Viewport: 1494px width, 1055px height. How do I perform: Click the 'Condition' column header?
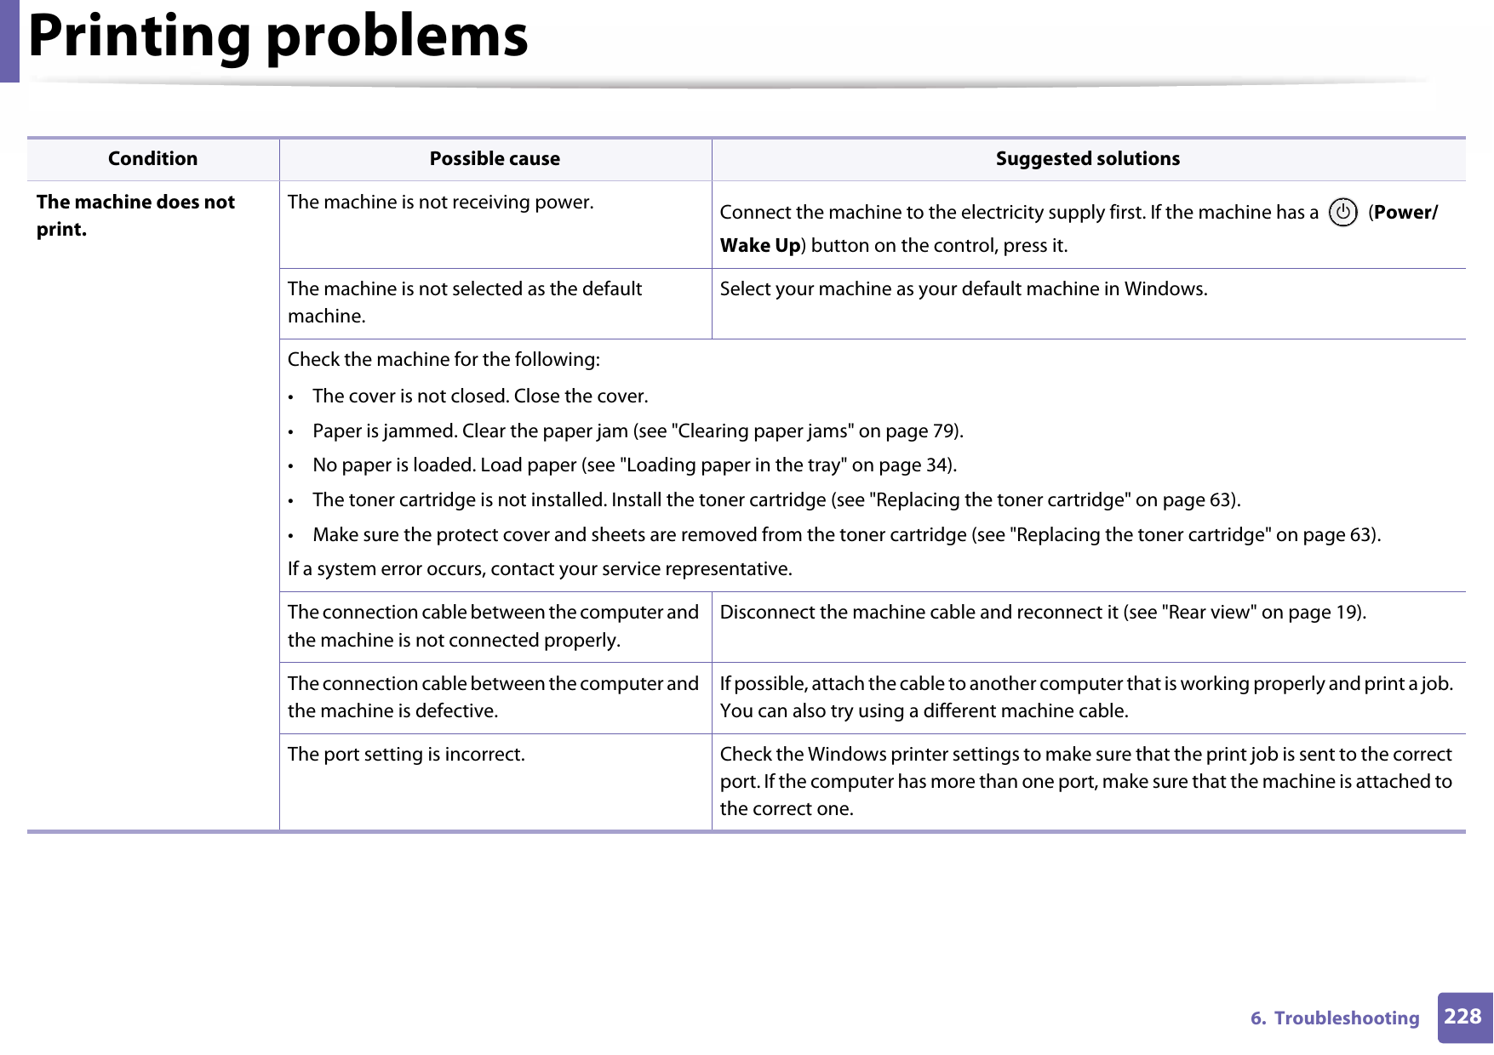coord(152,159)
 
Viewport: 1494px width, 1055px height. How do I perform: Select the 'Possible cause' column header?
coord(495,159)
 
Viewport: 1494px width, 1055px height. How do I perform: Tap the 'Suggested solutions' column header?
coord(1087,159)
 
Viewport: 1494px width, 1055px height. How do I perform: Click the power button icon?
coord(1342,213)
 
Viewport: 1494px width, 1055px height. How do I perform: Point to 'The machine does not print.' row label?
coord(135,215)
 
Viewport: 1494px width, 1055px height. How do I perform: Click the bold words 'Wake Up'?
coord(759,246)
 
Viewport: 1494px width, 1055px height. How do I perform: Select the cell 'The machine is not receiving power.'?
coord(440,202)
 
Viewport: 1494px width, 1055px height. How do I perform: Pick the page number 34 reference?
coord(937,465)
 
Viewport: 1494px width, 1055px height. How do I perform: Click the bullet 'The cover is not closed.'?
coord(480,396)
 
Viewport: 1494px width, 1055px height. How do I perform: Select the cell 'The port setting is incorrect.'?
coord(406,755)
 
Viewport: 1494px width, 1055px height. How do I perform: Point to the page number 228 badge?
coord(1463,1017)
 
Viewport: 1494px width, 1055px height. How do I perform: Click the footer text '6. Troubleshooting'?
coord(1335,1018)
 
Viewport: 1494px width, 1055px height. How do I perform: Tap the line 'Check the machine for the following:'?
coord(444,360)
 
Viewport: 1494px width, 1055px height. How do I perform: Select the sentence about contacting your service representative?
coord(540,569)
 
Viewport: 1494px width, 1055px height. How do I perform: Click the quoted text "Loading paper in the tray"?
coord(733,465)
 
